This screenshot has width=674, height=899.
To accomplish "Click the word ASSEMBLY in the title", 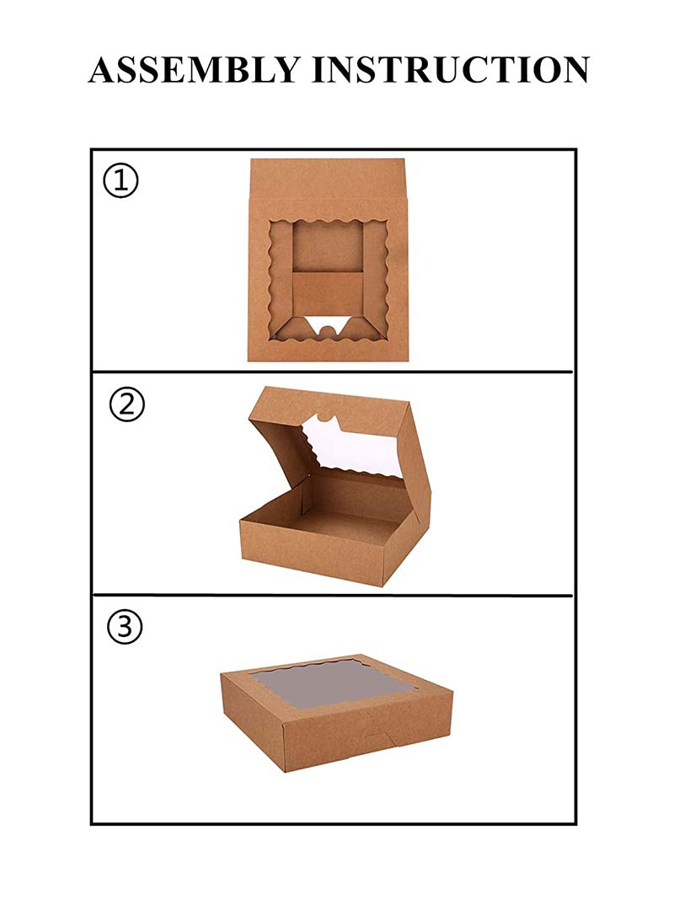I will pos(193,69).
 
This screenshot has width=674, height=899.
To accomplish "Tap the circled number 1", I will pos(120,181).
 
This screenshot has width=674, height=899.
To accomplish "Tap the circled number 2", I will pos(127,406).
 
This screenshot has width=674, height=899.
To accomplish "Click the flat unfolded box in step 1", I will pos(328,261).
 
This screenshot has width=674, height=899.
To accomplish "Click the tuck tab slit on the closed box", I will pos(377,741).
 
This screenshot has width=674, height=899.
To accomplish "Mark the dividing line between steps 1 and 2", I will pos(333,372).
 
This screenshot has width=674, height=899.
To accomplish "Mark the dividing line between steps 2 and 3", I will pos(333,595).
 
